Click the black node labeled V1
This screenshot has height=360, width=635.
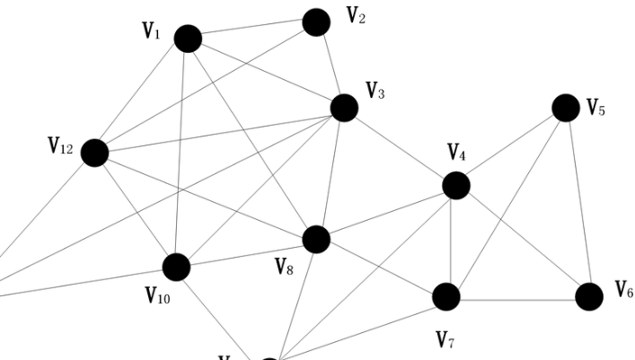188,39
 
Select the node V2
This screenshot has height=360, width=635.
316,22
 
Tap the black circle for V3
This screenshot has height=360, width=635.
344,108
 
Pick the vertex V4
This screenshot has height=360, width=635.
456,186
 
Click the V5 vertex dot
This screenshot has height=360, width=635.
565,108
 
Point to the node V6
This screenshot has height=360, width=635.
588,296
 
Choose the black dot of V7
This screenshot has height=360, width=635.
446,296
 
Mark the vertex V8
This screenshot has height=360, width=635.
316,240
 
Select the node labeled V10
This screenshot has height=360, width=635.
176,267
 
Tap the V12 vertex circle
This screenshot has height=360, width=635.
94,153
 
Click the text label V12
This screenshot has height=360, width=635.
60,146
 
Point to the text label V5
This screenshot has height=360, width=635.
596,109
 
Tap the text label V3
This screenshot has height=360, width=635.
375,91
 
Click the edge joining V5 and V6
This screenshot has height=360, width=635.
577,202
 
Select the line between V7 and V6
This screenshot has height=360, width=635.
517,297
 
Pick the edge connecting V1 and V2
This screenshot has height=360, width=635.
251,31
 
